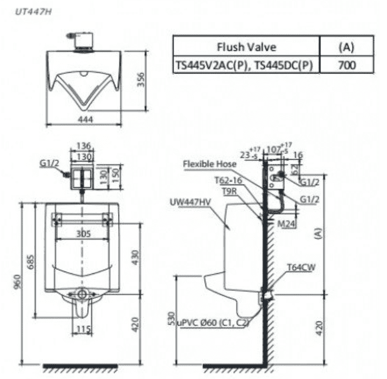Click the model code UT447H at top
[34, 12]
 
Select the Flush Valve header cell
[246, 46]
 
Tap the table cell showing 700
[347, 65]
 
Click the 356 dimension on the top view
[141, 79]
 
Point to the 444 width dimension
[86, 119]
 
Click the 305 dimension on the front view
[83, 234]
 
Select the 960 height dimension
[18, 282]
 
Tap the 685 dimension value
[31, 262]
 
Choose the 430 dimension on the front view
[135, 257]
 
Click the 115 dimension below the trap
[83, 329]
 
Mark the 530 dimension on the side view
[171, 319]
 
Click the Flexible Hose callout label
[210, 164]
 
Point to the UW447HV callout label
[190, 202]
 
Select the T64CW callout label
[301, 267]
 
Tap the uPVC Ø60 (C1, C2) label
[213, 322]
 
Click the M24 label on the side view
[286, 224]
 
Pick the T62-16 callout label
[228, 180]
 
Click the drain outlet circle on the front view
[82, 294]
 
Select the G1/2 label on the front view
[50, 163]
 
